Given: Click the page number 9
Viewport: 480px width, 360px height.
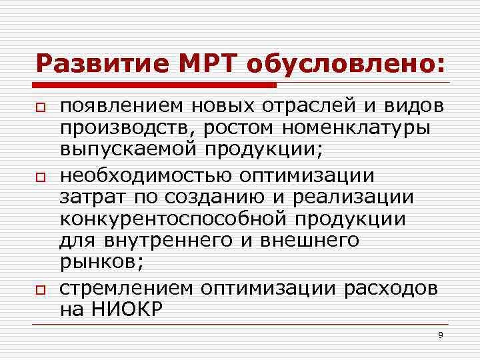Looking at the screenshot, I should (x=440, y=335).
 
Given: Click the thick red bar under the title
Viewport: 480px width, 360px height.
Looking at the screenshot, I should (x=156, y=85).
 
